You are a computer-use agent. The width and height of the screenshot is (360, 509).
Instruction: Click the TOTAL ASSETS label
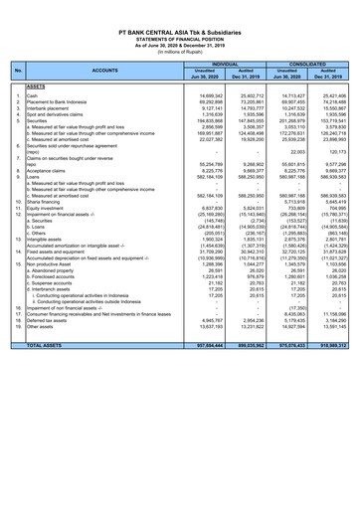pyautogui.click(x=55, y=484)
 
